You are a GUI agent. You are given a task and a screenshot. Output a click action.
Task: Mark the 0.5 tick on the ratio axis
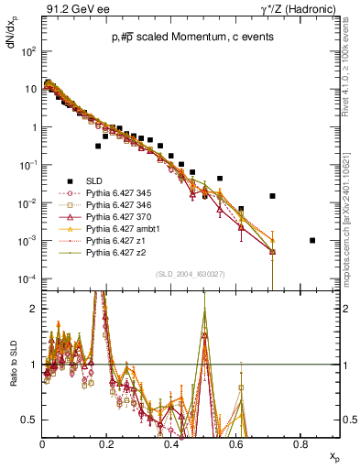[x=35, y=420]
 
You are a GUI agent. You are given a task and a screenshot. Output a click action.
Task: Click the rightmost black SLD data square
[x=313, y=241]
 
